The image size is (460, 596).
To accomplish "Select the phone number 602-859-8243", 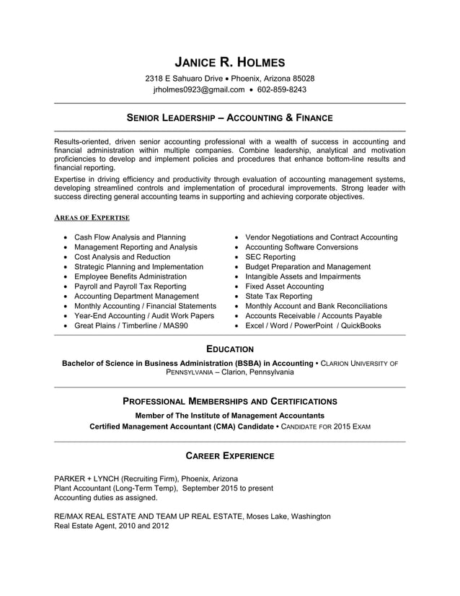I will pyautogui.click(x=282, y=90).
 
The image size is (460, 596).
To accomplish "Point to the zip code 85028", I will pyautogui.click(x=302, y=78).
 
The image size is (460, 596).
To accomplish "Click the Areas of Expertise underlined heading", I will pyautogui.click(x=92, y=217).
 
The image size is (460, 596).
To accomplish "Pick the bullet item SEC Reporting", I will pyautogui.click(x=270, y=257).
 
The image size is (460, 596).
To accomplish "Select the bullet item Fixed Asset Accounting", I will pyautogui.click(x=284, y=286).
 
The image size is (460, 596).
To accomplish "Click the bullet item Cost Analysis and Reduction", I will pyautogui.click(x=122, y=257).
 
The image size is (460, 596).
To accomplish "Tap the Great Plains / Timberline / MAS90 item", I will pyautogui.click(x=131, y=325).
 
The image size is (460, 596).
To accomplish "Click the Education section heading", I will pyautogui.click(x=229, y=349).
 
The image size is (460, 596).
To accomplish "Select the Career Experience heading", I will pyautogui.click(x=229, y=456).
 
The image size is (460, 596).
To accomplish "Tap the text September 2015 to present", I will pyautogui.click(x=228, y=488).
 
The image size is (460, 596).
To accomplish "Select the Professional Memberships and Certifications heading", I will pyautogui.click(x=229, y=400).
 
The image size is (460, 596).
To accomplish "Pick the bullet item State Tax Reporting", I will pyautogui.click(x=278, y=296).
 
